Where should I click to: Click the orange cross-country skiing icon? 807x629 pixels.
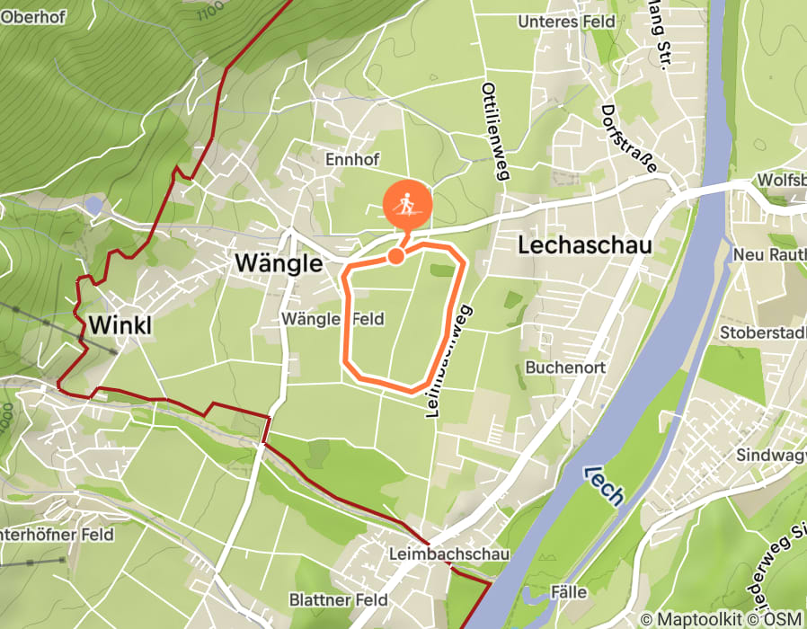tap(408, 206)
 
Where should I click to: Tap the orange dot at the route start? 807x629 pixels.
tap(395, 257)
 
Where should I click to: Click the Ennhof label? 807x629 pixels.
tap(352, 160)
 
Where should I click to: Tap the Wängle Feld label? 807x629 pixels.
tap(333, 319)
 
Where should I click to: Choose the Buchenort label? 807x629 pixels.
tap(566, 368)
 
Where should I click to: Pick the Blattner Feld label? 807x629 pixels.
tap(338, 599)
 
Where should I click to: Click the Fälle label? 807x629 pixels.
tap(566, 592)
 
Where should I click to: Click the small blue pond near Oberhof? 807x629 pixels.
tap(94, 206)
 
